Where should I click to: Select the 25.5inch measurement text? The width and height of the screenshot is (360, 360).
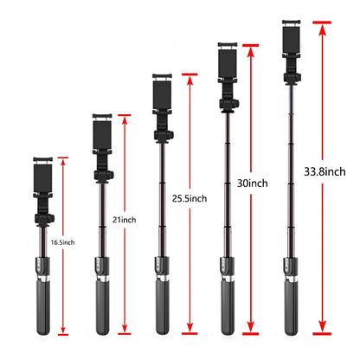[x=190, y=198]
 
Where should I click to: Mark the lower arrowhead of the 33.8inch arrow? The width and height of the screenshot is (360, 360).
[x=323, y=325]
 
